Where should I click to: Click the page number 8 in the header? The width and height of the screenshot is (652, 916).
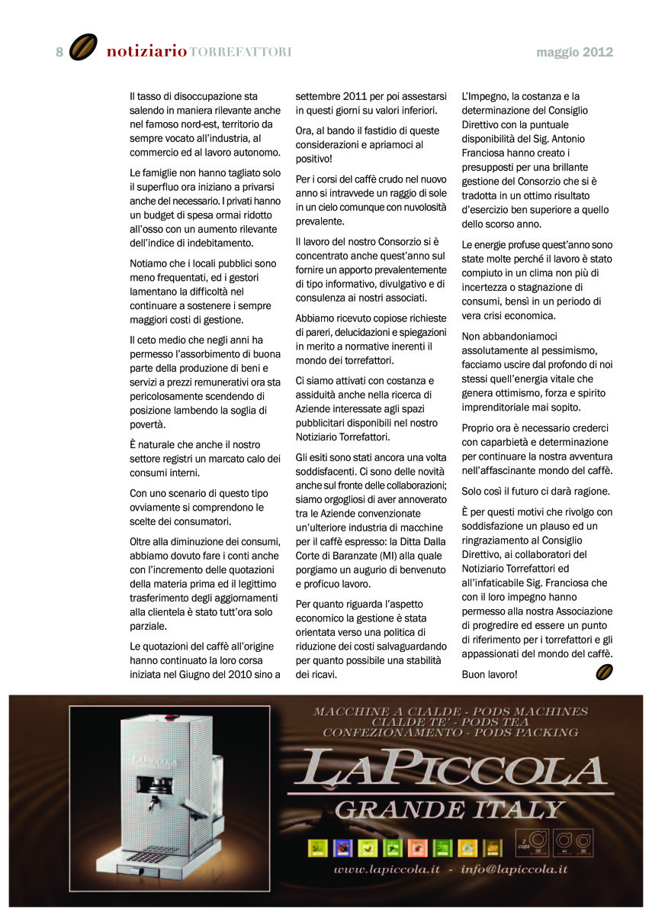(59, 52)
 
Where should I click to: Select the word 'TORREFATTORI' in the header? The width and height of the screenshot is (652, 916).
(240, 52)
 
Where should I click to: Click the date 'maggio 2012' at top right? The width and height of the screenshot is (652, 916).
(574, 53)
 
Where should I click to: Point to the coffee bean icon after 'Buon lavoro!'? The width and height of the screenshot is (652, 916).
(604, 672)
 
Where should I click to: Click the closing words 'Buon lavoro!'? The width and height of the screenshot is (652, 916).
(490, 675)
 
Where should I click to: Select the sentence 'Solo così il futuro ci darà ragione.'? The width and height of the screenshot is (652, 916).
(536, 490)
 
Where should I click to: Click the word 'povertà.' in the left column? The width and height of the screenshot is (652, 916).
(148, 424)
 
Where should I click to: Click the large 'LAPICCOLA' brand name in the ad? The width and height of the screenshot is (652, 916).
(450, 769)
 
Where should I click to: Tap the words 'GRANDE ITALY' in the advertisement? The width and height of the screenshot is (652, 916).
(450, 808)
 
